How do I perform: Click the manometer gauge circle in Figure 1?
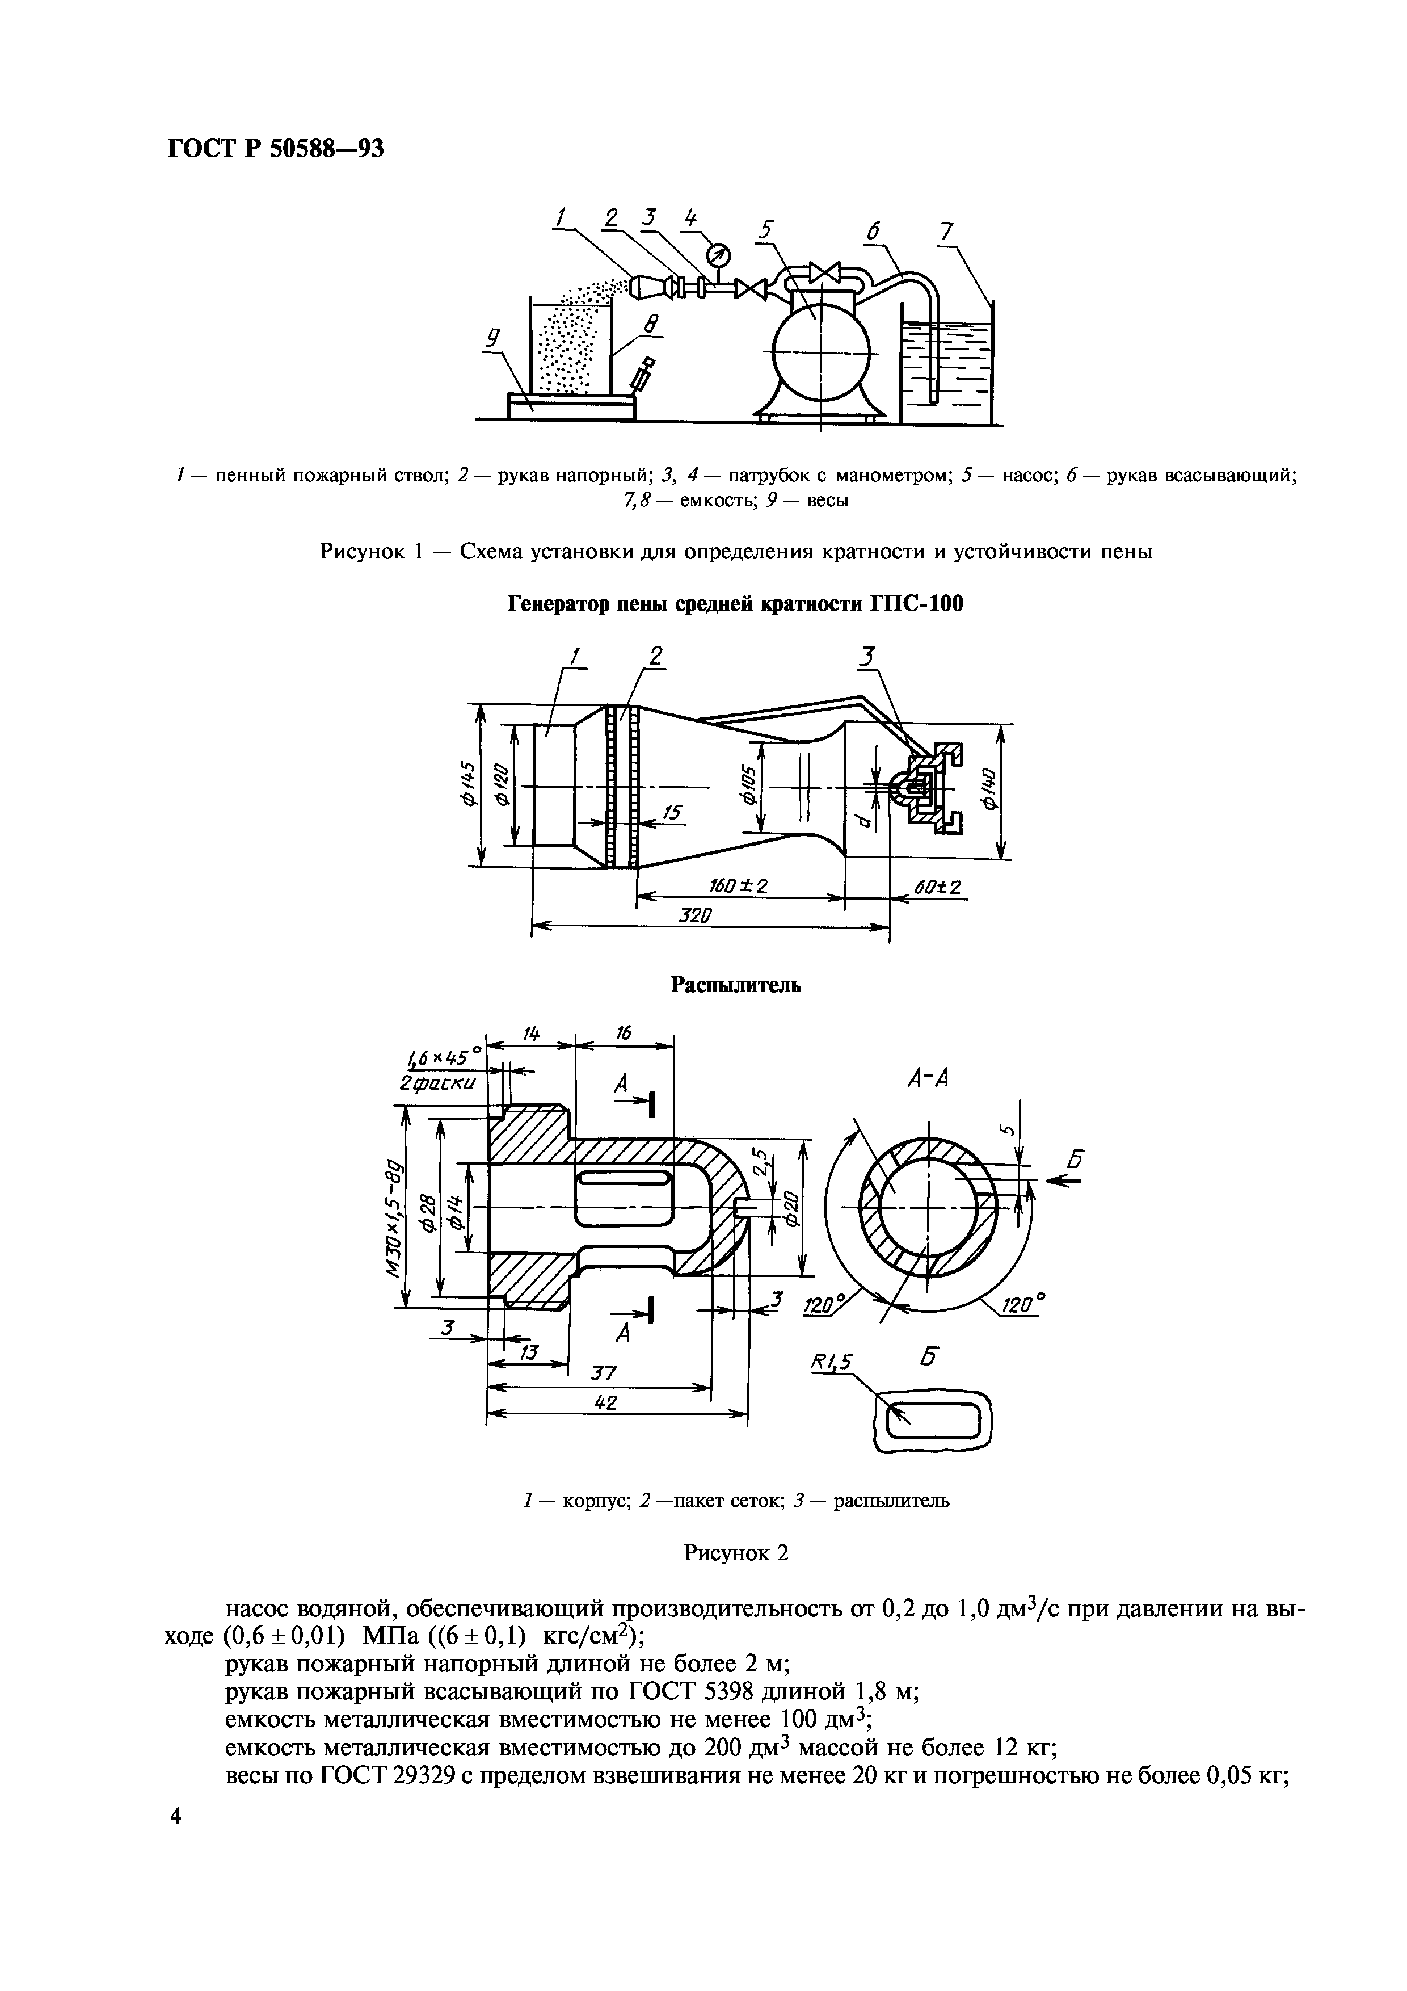coord(719,254)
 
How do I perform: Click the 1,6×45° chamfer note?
coord(443,1060)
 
